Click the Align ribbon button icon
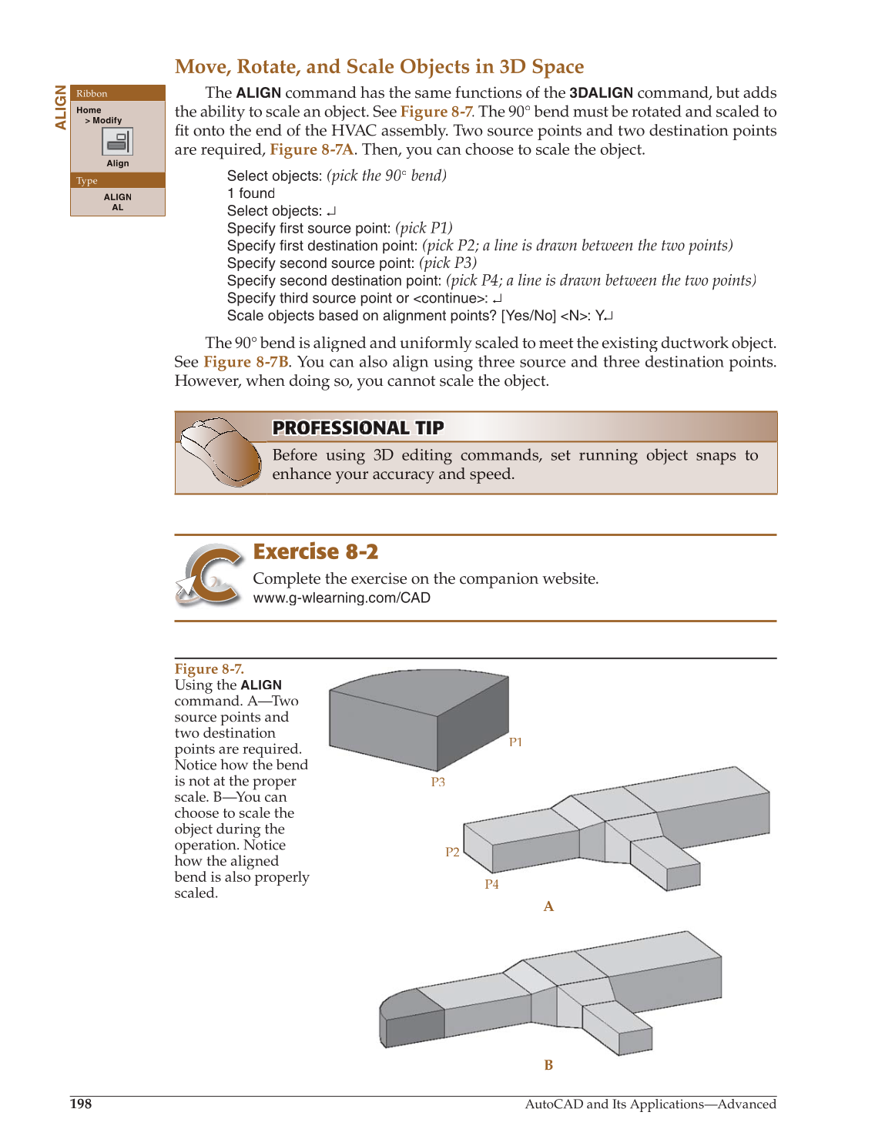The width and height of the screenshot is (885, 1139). (118, 142)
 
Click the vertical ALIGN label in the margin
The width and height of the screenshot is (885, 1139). (61, 107)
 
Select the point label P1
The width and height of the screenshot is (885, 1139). (515, 742)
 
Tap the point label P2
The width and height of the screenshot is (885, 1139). (452, 852)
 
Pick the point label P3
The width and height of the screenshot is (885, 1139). (437, 782)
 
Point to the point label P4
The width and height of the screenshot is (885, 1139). (491, 884)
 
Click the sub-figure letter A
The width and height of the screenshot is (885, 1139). (548, 906)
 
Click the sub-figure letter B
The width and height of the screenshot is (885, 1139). (548, 1065)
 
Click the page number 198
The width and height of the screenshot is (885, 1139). (81, 1104)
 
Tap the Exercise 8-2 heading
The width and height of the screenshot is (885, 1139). (316, 552)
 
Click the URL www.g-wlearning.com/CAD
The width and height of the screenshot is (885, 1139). (341, 598)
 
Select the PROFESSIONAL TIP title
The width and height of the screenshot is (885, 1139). (358, 428)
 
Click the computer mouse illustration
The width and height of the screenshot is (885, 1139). (220, 452)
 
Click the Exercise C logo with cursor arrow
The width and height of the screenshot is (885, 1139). (210, 575)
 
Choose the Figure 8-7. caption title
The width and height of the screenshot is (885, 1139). (209, 668)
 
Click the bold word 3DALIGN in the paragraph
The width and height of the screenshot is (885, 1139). (601, 93)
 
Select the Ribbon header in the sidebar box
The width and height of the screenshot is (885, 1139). (92, 94)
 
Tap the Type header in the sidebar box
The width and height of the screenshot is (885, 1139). (87, 181)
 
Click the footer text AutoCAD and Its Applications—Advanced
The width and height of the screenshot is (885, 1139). (650, 1104)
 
